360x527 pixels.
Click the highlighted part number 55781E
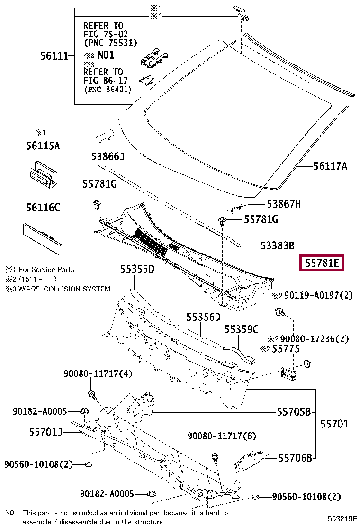(x=322, y=263)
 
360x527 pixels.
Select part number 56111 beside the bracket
(x=54, y=55)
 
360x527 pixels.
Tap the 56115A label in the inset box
(x=43, y=145)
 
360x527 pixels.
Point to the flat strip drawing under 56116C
(x=42, y=239)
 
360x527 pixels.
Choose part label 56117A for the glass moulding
(x=330, y=166)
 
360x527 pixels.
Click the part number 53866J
(x=108, y=156)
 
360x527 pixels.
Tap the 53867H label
(x=284, y=204)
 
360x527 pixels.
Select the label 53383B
(x=278, y=245)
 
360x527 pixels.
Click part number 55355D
(x=137, y=269)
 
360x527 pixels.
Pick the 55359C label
(x=242, y=329)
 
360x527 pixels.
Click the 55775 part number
(x=286, y=349)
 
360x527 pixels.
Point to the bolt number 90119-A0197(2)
(x=318, y=295)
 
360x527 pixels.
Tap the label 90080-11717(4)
(x=98, y=373)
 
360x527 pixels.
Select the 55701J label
(x=45, y=432)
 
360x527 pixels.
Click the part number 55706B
(x=295, y=458)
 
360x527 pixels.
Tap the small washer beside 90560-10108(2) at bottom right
(x=255, y=497)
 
